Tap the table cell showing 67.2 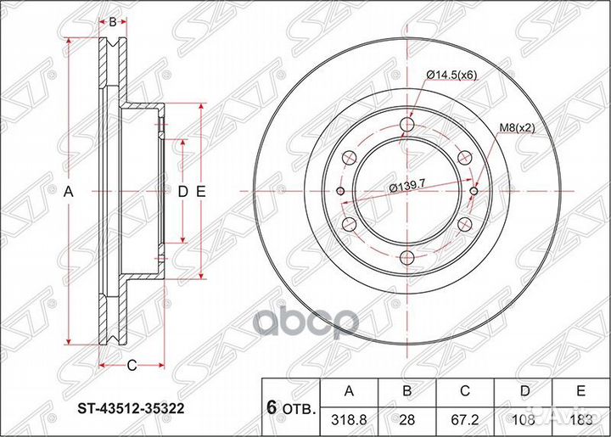(464, 418)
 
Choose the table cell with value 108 (524, 418)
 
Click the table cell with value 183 (581, 418)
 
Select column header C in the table (464, 391)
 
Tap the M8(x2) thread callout (517, 127)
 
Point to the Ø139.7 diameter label (406, 187)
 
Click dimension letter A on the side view (70, 193)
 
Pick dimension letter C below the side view (132, 366)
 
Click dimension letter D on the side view (182, 193)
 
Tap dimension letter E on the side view (201, 193)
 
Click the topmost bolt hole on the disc (406, 126)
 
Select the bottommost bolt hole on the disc (406, 258)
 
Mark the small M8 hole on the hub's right (474, 192)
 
